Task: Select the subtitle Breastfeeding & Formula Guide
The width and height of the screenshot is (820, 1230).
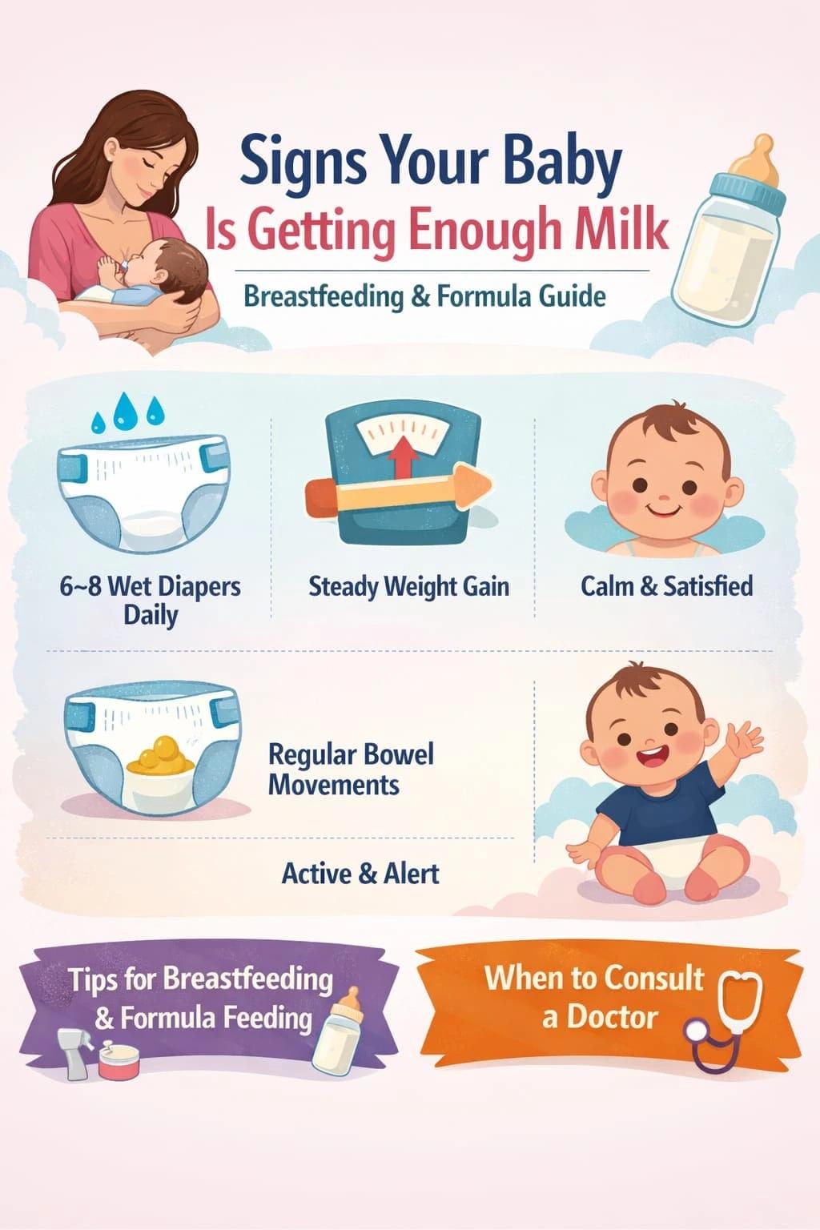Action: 424,296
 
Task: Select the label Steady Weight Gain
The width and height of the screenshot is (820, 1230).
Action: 408,586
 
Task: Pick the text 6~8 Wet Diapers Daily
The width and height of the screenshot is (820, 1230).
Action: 151,600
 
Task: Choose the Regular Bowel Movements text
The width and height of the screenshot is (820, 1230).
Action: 350,769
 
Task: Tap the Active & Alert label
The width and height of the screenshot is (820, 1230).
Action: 360,872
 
